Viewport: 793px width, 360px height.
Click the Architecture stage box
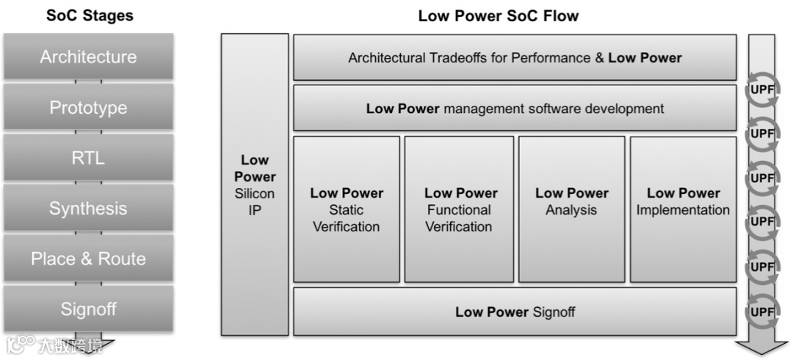click(88, 57)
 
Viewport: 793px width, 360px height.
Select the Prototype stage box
click(88, 107)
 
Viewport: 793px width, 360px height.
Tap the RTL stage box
click(88, 157)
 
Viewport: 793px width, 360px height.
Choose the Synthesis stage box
click(88, 209)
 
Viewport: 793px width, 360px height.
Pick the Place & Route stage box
click(88, 259)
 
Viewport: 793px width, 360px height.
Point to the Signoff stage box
click(88, 309)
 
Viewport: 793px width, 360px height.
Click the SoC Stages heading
click(90, 15)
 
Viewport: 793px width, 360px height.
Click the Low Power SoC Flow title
click(498, 15)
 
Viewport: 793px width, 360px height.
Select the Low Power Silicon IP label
click(255, 185)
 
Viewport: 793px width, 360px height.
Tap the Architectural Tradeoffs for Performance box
click(515, 57)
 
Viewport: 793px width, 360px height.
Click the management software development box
click(515, 109)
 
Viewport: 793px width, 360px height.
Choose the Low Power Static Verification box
click(347, 209)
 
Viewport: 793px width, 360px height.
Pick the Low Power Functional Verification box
click(460, 209)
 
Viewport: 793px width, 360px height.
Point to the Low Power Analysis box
click(571, 209)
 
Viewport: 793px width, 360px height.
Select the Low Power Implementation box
click(683, 209)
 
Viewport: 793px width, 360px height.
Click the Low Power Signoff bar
click(515, 312)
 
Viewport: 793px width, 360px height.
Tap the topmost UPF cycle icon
click(762, 90)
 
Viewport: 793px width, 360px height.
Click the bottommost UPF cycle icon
click(762, 312)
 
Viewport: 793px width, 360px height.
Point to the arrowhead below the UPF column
click(761, 347)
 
